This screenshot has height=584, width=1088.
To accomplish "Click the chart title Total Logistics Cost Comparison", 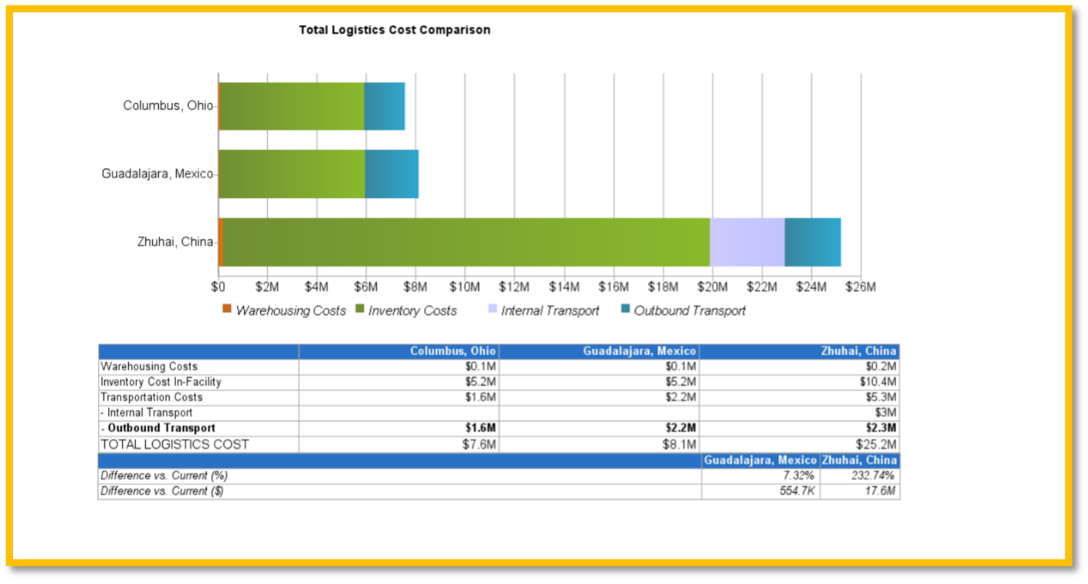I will (x=394, y=30).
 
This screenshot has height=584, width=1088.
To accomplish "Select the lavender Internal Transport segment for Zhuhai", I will (x=746, y=242).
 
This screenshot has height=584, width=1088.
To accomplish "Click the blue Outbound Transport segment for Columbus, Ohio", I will (x=384, y=105).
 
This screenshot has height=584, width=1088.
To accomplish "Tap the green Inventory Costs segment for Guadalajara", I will (x=292, y=174).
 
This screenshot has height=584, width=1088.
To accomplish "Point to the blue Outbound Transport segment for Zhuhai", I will (x=812, y=242).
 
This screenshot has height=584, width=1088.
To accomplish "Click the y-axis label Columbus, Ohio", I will (x=167, y=105).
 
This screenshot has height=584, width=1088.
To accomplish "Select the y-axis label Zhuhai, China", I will (x=174, y=242).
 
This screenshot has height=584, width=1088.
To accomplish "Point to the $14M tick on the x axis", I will (x=564, y=287).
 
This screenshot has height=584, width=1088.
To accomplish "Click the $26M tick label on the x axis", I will (x=860, y=287).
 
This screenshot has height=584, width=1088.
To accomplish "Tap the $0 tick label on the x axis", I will (x=218, y=287).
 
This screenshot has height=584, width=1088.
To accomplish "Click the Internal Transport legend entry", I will (x=550, y=310).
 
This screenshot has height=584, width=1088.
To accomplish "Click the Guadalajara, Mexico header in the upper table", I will (x=639, y=351).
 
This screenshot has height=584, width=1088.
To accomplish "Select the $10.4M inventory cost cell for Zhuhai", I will (x=880, y=382).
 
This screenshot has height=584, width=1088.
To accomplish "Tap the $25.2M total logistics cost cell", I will (x=876, y=444).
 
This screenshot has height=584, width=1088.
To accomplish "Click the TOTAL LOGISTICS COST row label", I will (x=175, y=444).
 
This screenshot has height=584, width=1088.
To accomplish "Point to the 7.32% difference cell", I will (x=799, y=476).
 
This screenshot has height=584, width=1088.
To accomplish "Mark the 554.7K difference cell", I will (x=797, y=491).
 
